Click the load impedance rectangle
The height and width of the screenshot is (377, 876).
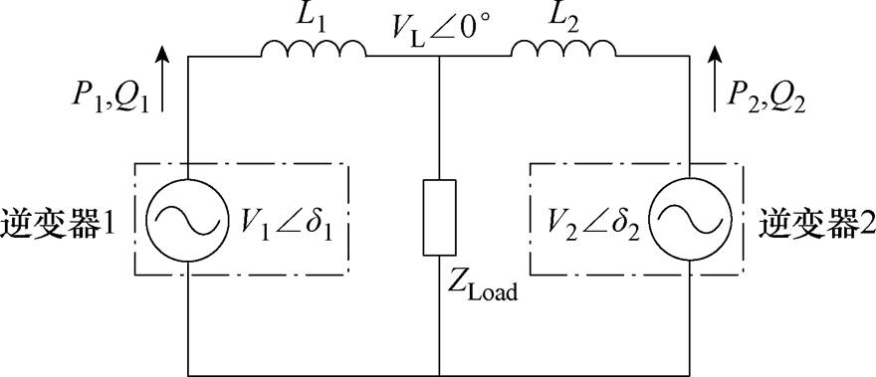[438, 217]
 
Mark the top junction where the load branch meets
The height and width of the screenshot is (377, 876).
[438, 57]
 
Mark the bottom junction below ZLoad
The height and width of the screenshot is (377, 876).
[438, 373]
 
